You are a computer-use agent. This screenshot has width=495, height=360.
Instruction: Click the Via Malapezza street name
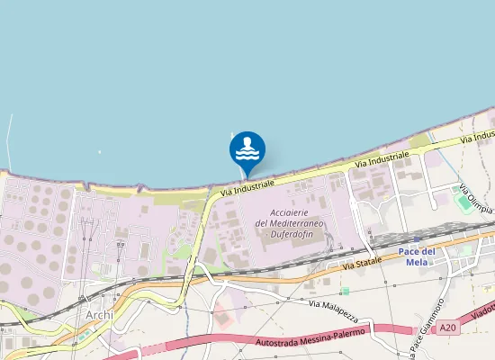click(x=333, y=310)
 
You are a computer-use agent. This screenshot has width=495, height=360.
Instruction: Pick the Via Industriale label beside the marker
click(x=246, y=184)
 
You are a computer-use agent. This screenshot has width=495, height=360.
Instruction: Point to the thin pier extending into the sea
click(x=9, y=141)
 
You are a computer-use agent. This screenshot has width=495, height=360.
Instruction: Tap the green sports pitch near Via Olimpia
click(x=464, y=202)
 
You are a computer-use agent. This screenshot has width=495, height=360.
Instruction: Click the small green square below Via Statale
click(x=345, y=291)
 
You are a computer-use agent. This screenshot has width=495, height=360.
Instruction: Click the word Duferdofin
click(x=290, y=234)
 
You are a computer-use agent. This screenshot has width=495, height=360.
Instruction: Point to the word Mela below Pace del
click(x=442, y=263)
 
